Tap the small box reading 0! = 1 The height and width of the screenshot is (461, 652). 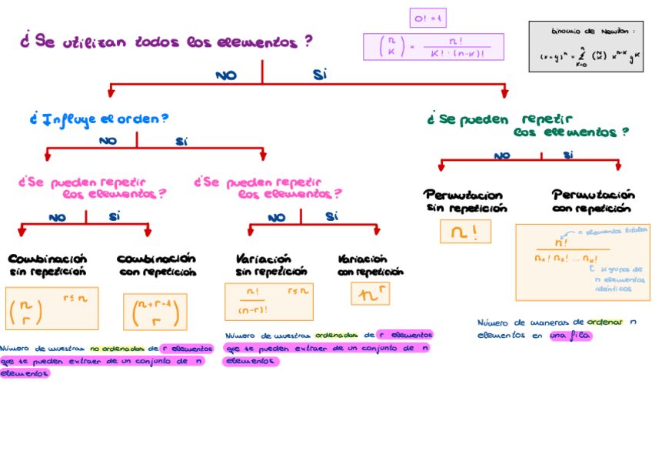[427, 18]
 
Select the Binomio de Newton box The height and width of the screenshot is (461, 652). [586, 47]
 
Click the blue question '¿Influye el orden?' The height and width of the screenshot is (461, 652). [99, 119]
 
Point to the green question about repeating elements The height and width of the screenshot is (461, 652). [527, 125]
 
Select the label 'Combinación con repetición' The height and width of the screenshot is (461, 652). [157, 265]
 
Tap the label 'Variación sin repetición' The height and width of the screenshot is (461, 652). [271, 265]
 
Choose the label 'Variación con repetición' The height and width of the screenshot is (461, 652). [370, 265]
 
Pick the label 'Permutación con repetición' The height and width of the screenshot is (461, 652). [593, 201]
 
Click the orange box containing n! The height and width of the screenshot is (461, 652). [465, 232]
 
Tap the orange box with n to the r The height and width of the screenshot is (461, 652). [370, 294]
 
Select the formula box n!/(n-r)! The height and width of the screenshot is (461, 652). [268, 301]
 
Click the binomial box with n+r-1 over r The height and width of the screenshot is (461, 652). [155, 312]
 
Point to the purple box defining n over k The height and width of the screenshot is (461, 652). [433, 47]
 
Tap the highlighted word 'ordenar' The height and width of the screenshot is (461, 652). [604, 322]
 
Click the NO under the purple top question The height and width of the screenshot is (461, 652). [226, 75]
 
